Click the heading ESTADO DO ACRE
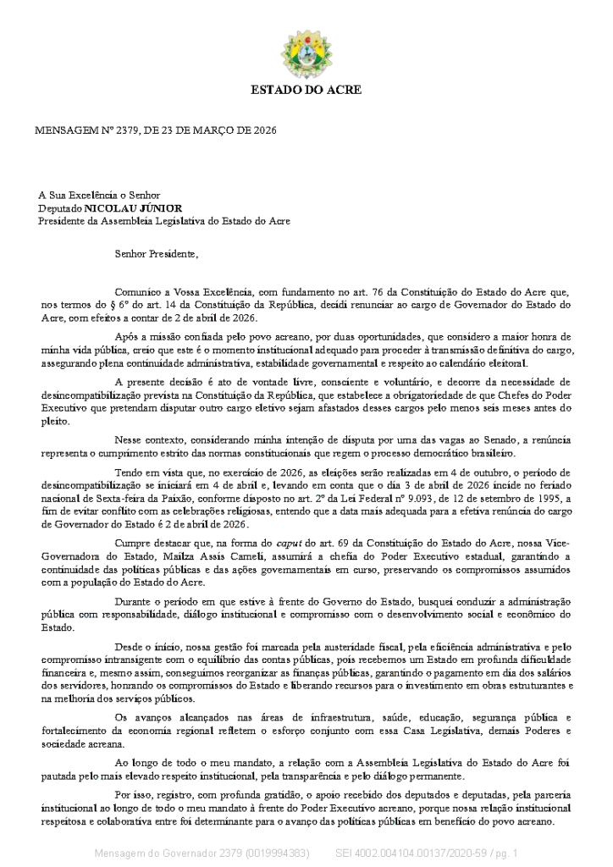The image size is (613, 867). [306, 89]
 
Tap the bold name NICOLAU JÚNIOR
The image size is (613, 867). [133, 207]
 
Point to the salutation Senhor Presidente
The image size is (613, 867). [157, 252]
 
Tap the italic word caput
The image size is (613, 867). [289, 542]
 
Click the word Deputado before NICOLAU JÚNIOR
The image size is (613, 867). [59, 207]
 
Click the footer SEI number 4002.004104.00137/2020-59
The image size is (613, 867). [417, 852]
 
